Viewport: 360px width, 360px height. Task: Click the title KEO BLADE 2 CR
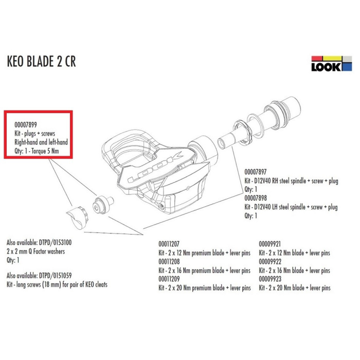tap(42, 62)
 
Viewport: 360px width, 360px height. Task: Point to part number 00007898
tap(258, 199)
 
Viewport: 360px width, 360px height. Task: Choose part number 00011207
tap(170, 245)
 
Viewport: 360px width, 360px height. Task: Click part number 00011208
tap(170, 262)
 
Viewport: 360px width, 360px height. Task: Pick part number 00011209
tap(170, 280)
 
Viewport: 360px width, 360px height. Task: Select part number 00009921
tap(271, 245)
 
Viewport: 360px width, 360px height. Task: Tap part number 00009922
tap(271, 262)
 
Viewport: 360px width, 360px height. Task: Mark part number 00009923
tap(271, 280)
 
